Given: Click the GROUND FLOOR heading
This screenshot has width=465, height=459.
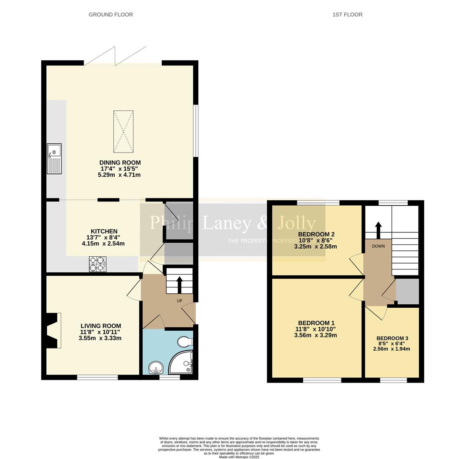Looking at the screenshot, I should click(111, 14).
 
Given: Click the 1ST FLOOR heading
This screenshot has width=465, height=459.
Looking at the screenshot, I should click(347, 14).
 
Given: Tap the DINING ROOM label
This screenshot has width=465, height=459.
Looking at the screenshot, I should click(120, 163).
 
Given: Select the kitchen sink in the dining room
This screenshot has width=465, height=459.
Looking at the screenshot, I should click(54, 159).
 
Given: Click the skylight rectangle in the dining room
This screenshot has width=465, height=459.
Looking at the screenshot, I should click(123, 131).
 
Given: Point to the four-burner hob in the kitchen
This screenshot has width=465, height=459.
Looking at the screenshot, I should click(97, 264).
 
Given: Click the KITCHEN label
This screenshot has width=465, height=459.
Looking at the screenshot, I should click(104, 232).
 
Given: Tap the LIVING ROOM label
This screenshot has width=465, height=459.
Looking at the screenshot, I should click(101, 326).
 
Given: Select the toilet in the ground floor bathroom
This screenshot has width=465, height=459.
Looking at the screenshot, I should click(185, 342).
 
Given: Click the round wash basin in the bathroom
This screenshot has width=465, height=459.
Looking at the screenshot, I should click(156, 367).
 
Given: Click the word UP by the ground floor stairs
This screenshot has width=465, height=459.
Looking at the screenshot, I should click(179, 301).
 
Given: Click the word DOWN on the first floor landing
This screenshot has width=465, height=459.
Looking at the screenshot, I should click(378, 246).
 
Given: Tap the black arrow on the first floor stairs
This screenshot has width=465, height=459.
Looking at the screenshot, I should click(378, 229).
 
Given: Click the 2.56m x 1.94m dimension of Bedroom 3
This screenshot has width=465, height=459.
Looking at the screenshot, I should click(392, 349).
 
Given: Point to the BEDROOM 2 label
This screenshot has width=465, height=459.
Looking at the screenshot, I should click(316, 234).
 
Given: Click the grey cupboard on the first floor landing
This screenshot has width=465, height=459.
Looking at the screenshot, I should click(407, 292).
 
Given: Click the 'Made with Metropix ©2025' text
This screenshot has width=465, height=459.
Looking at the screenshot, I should click(239, 457).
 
